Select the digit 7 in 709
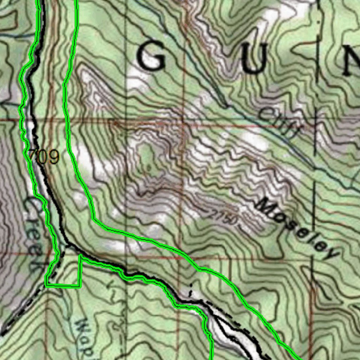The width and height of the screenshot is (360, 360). [x=33, y=156]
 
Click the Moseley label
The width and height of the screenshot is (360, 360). [x=297, y=229]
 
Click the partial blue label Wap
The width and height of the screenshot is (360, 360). [x=84, y=337]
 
